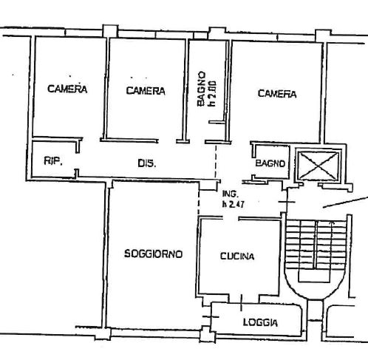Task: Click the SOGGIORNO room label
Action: tap(153, 254)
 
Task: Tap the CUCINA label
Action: tap(237, 257)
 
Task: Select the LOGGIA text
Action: tap(260, 322)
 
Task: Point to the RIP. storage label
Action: tap(53, 161)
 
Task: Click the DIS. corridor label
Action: tap(146, 163)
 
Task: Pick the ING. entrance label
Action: tap(231, 194)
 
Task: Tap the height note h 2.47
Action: tap(233, 204)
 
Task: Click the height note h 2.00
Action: tap(213, 94)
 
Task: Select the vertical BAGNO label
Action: tap(202, 89)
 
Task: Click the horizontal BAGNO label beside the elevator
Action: tap(270, 163)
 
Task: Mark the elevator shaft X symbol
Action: tap(318, 166)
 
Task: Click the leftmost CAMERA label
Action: tap(67, 89)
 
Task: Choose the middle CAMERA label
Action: tap(146, 91)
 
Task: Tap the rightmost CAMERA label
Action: tap(277, 94)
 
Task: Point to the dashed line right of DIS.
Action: tap(216, 161)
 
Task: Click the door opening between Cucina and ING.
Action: tap(231, 218)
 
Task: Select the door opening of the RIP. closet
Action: tap(77, 161)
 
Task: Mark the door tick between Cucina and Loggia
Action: tap(241, 302)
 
